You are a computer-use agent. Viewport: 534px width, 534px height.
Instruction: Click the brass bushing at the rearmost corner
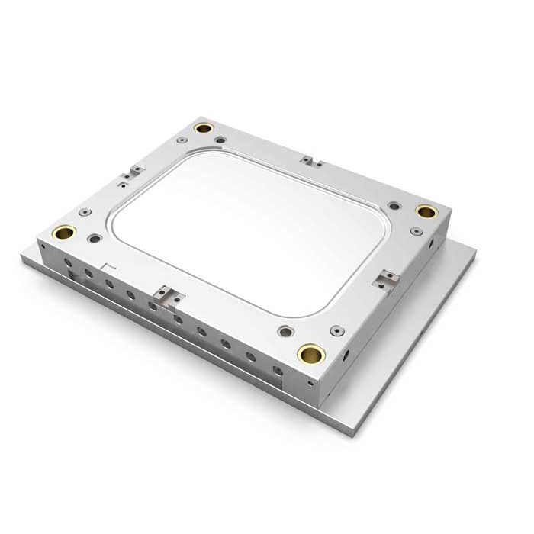pos(203,128)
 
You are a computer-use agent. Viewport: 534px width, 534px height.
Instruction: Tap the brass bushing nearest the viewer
pos(311,353)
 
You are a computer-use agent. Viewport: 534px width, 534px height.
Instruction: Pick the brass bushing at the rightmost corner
pos(426,211)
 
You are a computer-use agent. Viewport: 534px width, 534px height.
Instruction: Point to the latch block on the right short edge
pos(387,279)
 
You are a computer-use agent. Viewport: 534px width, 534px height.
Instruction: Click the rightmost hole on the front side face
pos(278,372)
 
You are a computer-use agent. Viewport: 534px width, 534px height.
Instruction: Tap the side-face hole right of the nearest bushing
pos(346,355)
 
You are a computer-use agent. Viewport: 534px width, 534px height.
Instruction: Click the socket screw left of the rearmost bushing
pos(182,140)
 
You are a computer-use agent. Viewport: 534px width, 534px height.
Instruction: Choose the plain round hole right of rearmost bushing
pos(220,140)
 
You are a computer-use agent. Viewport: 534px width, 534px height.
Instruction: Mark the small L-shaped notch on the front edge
pos(108,266)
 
